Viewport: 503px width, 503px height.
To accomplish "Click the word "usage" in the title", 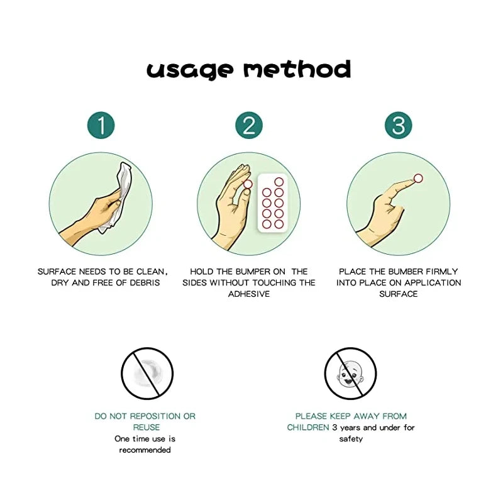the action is [x=190, y=70].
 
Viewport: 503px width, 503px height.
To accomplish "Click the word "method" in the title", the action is [x=297, y=69].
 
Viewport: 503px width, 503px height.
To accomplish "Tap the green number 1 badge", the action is [x=101, y=125].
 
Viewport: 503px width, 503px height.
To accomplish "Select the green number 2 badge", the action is [x=249, y=125].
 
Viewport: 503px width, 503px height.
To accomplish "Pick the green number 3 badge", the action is [x=399, y=125].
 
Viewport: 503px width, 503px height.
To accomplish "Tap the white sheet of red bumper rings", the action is [x=273, y=203].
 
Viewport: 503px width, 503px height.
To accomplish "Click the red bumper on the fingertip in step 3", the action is [x=418, y=179].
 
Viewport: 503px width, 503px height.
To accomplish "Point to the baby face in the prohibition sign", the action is [x=350, y=373].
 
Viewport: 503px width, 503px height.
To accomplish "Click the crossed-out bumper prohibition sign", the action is [x=147, y=373].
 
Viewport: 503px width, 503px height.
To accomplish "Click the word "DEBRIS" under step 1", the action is [x=145, y=282].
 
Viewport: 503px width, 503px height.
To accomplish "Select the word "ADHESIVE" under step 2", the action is [x=249, y=294].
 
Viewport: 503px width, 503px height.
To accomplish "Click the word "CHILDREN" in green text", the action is [x=308, y=428].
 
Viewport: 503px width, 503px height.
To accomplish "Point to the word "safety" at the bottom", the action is [x=351, y=439].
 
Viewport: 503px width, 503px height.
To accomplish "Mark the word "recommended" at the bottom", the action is [x=145, y=450].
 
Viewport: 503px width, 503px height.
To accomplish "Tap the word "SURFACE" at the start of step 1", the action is [x=57, y=272].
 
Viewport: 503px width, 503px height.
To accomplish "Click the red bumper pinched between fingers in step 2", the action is [x=248, y=184].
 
